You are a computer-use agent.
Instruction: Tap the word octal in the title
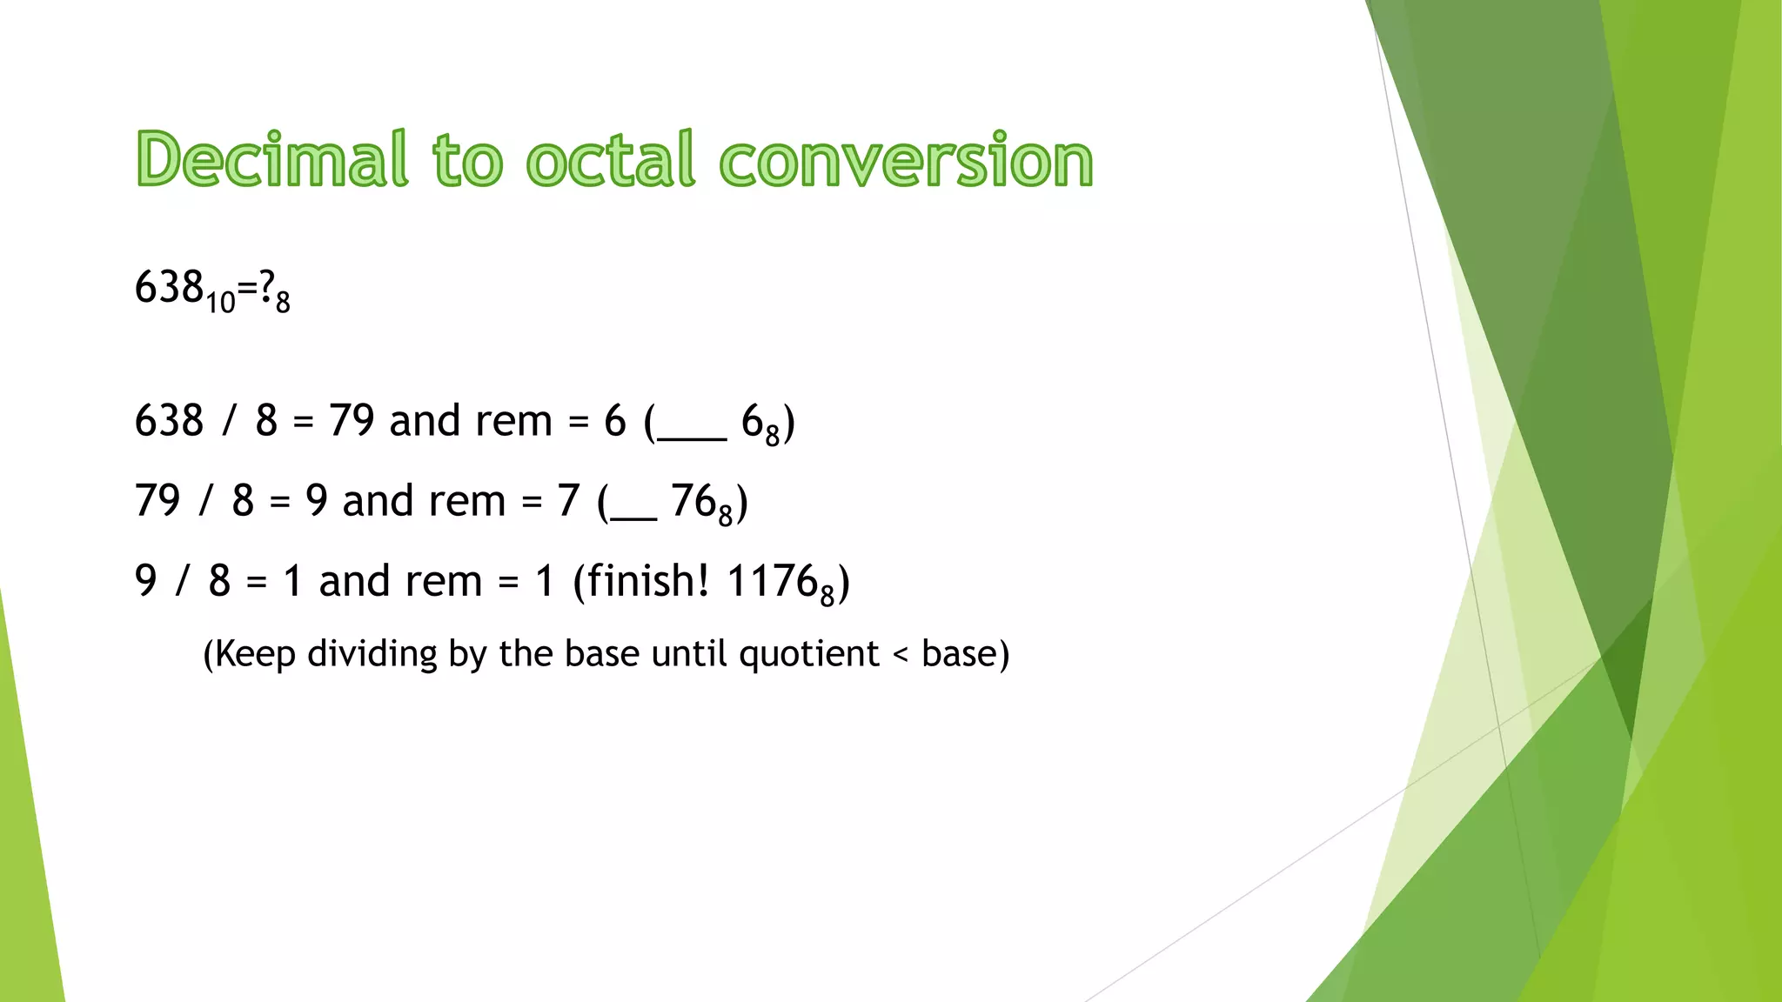[x=610, y=159]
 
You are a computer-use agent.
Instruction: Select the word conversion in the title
[x=906, y=161]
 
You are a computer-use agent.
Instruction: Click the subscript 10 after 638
[x=221, y=302]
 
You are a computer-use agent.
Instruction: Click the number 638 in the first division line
[x=169, y=421]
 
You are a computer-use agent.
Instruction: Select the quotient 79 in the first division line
[x=352, y=421]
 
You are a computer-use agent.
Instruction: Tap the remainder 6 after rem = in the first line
[x=614, y=421]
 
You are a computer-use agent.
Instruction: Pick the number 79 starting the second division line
[x=157, y=501]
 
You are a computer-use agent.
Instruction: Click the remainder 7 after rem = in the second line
[x=568, y=501]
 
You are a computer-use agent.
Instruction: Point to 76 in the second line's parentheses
[x=693, y=501]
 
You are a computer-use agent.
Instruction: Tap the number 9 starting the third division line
[x=146, y=581]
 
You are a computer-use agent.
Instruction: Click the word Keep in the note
[x=254, y=654]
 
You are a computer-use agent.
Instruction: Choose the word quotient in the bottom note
[x=809, y=654]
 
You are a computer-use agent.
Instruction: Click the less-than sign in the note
[x=901, y=654]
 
